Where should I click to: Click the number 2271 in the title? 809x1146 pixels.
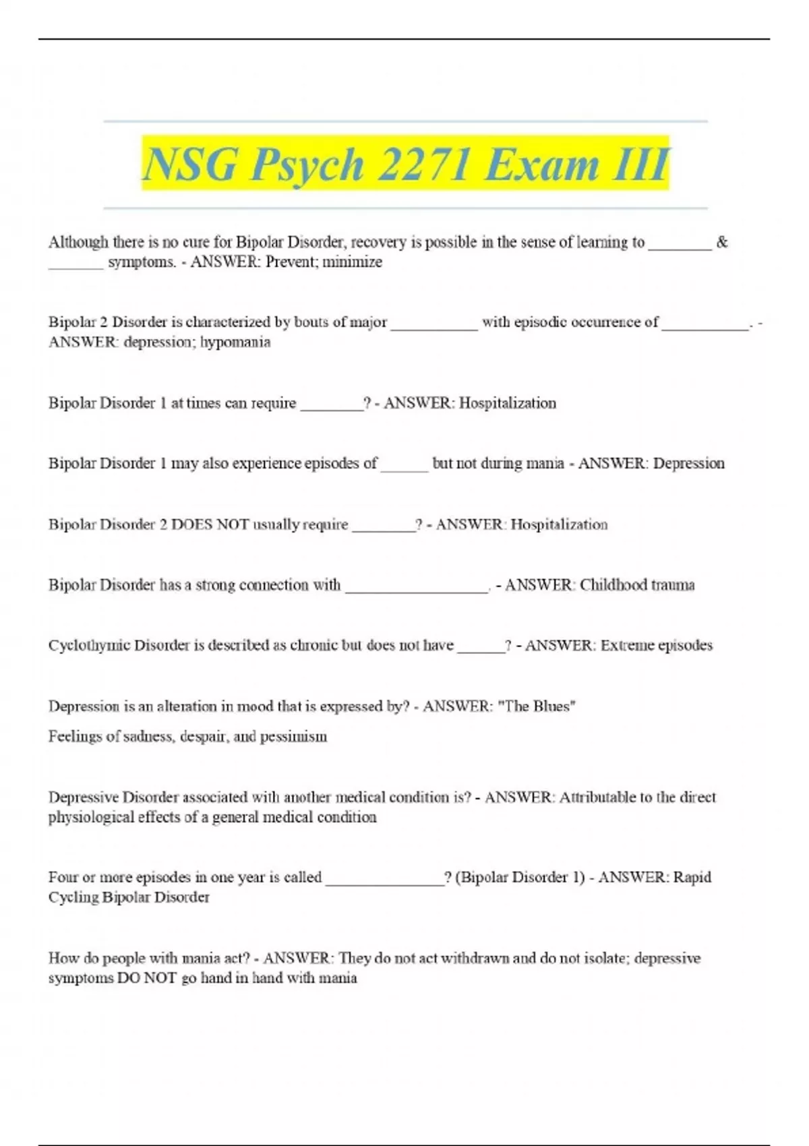[423, 164]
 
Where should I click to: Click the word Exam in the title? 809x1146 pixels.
[541, 164]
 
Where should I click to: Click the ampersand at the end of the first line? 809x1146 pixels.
[722, 242]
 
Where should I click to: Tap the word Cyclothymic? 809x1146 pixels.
[89, 645]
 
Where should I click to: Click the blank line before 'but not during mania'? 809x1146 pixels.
[404, 466]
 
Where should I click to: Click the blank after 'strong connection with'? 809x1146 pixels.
[417, 588]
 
